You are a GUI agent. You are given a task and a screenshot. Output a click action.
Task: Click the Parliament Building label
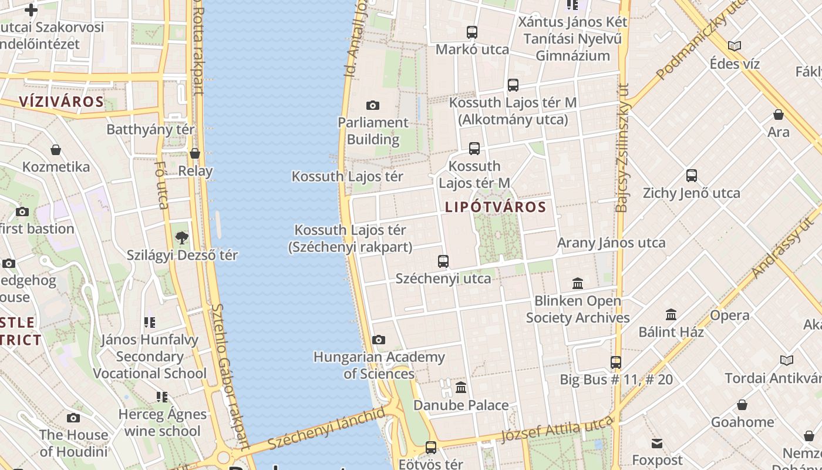(x=373, y=131)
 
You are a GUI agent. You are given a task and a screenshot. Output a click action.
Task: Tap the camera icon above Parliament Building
(x=373, y=106)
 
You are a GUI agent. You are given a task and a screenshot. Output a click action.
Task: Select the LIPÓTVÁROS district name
(x=496, y=207)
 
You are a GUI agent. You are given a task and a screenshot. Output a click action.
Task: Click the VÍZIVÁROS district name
(x=61, y=102)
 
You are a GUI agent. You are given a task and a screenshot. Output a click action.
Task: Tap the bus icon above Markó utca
(x=472, y=32)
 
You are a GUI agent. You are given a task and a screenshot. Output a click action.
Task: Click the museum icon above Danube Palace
(x=461, y=387)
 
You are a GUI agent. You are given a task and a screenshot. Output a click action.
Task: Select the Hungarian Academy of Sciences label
(x=379, y=365)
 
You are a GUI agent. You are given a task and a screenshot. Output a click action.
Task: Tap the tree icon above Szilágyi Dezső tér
(x=182, y=238)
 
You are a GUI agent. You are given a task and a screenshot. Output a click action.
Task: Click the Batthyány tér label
(x=150, y=129)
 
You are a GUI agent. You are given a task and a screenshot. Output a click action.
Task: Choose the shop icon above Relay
(x=195, y=153)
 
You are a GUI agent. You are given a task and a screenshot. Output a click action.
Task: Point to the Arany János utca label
(x=611, y=243)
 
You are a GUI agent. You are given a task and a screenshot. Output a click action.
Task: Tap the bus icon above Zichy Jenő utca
(x=692, y=175)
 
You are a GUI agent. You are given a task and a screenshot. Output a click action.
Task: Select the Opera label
(x=730, y=315)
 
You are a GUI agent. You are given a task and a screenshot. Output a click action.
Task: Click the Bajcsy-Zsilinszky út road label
(x=622, y=147)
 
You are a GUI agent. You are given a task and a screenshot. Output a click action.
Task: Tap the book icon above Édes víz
(x=735, y=46)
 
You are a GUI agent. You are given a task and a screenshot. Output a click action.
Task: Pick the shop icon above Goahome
(x=742, y=405)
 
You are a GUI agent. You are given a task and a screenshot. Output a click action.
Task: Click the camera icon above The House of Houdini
(x=73, y=418)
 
